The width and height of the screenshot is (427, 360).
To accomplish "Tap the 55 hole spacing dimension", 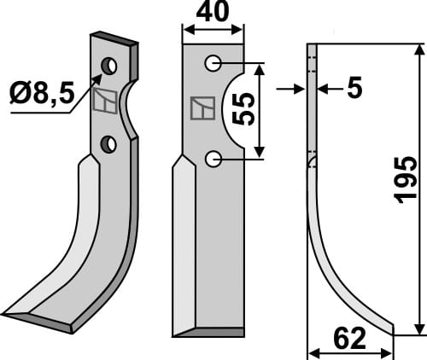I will point(243,109).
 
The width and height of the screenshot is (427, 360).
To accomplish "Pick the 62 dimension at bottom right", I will point(350,340).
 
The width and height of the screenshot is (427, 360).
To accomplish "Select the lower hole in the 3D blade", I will point(108,145).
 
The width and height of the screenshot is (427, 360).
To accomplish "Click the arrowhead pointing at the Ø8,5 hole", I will point(99,73).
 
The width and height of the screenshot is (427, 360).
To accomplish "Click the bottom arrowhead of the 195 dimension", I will point(418,330).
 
